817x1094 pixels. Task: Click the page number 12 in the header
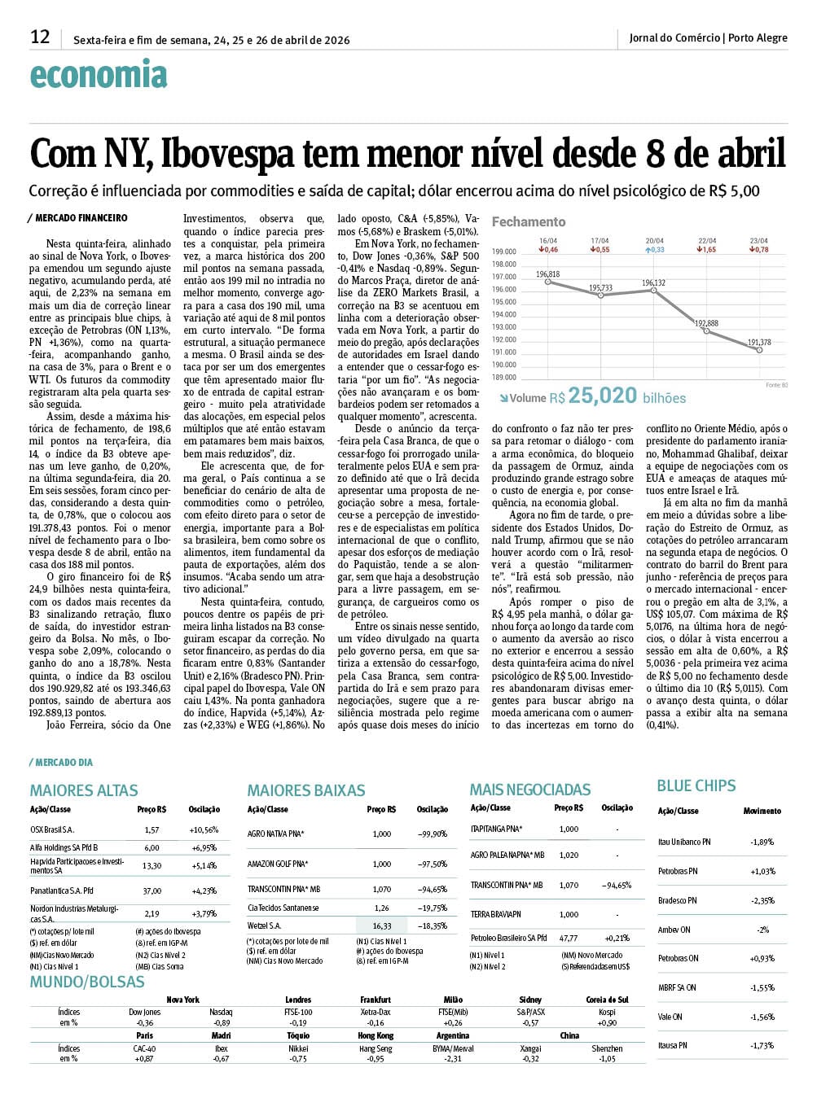coord(40,37)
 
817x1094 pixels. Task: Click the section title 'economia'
coord(99,75)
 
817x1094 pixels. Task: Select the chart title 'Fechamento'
coord(528,221)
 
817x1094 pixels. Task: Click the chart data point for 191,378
coord(759,350)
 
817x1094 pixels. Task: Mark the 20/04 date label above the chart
coord(654,241)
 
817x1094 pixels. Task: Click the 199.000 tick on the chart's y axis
coord(504,252)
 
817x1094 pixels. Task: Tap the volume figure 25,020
coord(602,396)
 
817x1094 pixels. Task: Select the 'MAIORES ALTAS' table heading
coord(84,790)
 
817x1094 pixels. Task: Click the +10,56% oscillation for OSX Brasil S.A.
coord(204,830)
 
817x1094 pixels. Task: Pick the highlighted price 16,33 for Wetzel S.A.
coord(381,926)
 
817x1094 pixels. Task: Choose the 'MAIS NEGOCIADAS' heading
coord(529,790)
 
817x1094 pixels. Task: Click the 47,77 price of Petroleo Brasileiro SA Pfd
coord(568,938)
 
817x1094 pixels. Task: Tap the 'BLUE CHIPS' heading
coord(696,785)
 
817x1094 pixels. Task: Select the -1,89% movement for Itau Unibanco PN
coord(762,842)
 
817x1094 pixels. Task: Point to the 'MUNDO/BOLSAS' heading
coord(87,982)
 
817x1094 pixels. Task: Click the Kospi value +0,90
coord(606,1023)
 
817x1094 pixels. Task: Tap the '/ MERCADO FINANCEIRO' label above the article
coord(78,218)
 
